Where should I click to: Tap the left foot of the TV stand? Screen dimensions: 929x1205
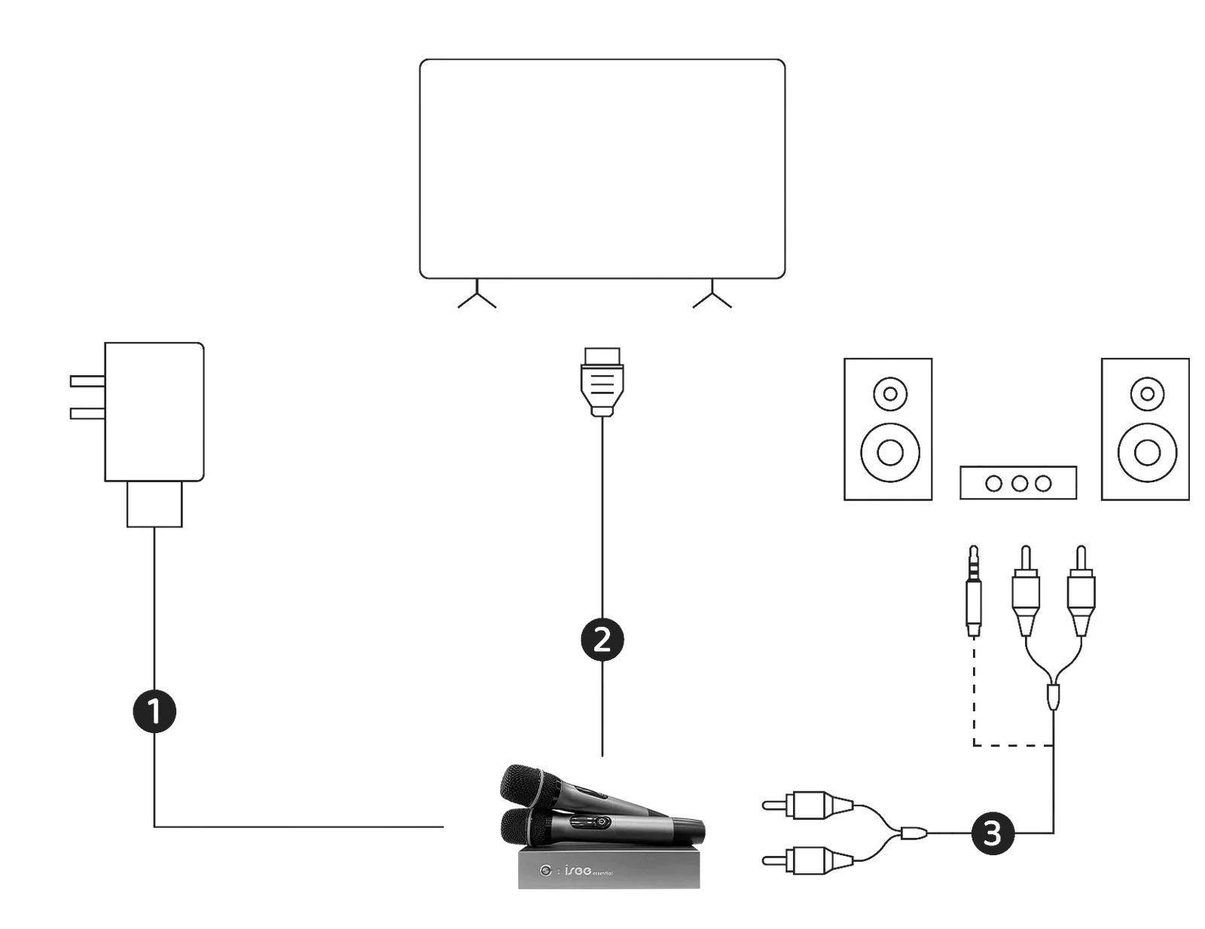477,301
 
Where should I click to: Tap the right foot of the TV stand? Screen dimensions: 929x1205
711,301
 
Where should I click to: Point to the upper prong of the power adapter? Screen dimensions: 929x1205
83,381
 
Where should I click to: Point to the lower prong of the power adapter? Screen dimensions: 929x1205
83,414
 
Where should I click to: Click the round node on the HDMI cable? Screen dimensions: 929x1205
602,638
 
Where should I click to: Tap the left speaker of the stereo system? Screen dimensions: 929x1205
887,429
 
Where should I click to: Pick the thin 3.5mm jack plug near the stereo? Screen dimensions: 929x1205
973,595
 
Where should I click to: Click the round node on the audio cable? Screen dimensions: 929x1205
992,833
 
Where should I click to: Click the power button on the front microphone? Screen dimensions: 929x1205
580,822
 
